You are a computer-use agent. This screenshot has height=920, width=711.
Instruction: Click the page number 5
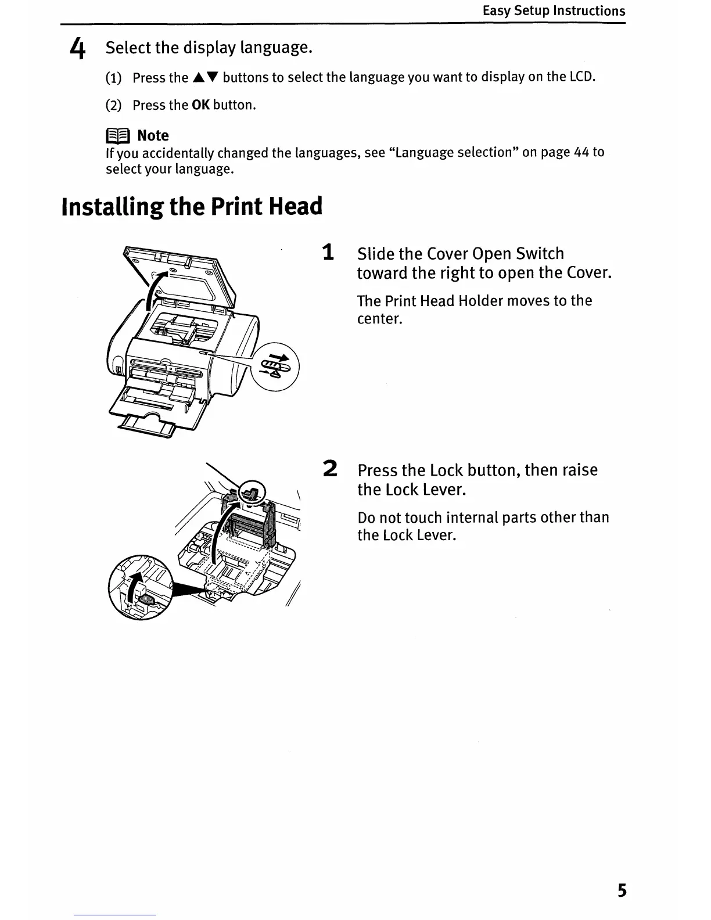tap(622, 890)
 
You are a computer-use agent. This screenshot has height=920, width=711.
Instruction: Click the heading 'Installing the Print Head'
tap(192, 207)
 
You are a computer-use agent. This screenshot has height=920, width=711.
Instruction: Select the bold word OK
tap(200, 105)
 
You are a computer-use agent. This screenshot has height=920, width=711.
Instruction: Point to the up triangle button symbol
tap(199, 78)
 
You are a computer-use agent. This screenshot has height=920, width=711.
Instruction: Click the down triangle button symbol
tap(211, 78)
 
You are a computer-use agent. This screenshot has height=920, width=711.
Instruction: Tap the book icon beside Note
tap(118, 136)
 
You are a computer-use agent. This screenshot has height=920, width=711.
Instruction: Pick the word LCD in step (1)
tap(581, 77)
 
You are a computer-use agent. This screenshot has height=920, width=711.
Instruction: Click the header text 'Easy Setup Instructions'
tap(554, 11)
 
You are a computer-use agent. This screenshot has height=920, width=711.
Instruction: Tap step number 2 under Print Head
tap(329, 469)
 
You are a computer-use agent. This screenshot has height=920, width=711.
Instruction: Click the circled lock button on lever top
tap(252, 493)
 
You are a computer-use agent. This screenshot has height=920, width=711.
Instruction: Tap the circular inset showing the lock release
tap(140, 587)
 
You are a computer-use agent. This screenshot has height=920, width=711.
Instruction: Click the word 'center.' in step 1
tap(379, 319)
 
